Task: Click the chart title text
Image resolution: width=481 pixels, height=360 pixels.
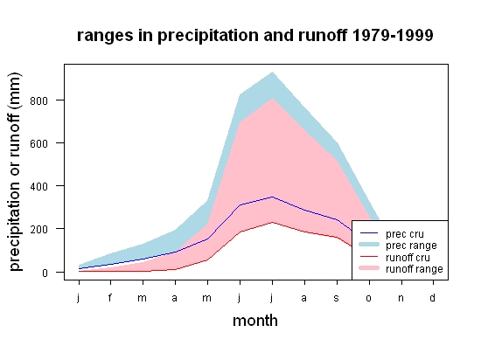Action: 254,36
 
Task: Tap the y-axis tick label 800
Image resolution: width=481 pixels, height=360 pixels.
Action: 39,100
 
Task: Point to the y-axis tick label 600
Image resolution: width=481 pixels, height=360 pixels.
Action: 39,143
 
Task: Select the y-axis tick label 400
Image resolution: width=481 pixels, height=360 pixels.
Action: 39,187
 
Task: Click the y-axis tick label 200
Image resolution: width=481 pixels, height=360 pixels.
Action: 39,230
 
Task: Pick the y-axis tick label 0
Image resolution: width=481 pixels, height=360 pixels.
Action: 45,273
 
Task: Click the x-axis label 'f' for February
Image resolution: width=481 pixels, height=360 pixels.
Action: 110,297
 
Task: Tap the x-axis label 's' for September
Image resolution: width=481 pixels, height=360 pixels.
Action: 337,298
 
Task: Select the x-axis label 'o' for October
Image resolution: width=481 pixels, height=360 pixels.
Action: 369,298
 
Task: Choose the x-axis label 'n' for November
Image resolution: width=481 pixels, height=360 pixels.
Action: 401,298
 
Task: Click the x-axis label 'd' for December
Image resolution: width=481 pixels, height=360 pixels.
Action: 432,297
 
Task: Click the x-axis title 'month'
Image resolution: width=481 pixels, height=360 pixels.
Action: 255,321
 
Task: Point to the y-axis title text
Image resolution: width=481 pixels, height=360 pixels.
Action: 15,172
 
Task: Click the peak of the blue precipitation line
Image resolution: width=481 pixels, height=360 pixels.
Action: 272,197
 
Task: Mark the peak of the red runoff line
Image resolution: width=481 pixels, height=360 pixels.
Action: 272,223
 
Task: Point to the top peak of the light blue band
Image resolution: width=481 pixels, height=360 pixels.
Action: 272,73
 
